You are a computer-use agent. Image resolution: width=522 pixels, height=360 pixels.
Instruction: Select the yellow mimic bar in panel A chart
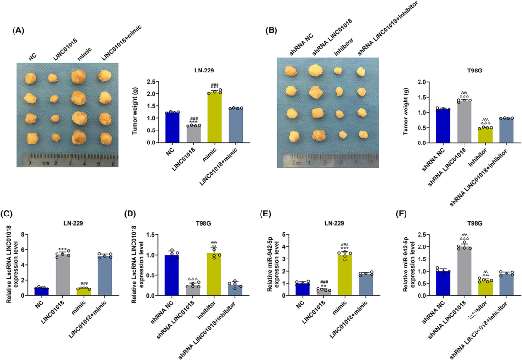[x=214, y=117]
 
